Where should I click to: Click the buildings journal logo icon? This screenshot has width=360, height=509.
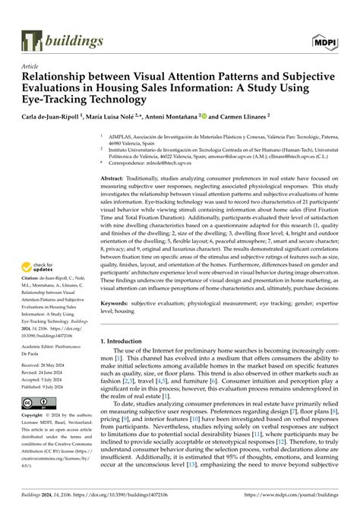30,41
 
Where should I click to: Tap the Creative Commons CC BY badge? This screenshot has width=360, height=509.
38,444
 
